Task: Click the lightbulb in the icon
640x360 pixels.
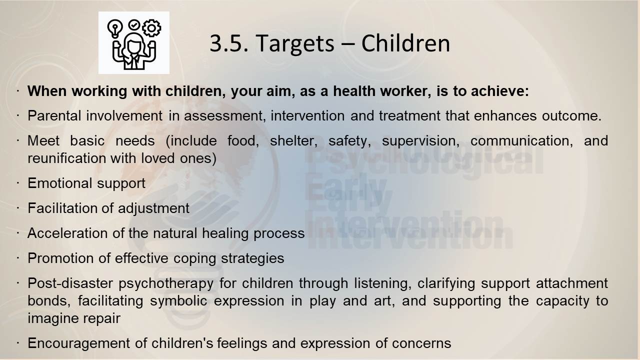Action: click(x=115, y=28)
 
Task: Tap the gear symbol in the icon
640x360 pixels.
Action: click(x=151, y=28)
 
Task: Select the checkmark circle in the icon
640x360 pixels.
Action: click(x=133, y=24)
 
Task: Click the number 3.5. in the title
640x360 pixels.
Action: click(x=229, y=43)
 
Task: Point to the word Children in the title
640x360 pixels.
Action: click(x=405, y=43)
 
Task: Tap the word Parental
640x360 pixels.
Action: click(x=54, y=115)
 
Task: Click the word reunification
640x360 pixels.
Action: click(x=67, y=158)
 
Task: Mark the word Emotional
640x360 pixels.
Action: click(x=59, y=183)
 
